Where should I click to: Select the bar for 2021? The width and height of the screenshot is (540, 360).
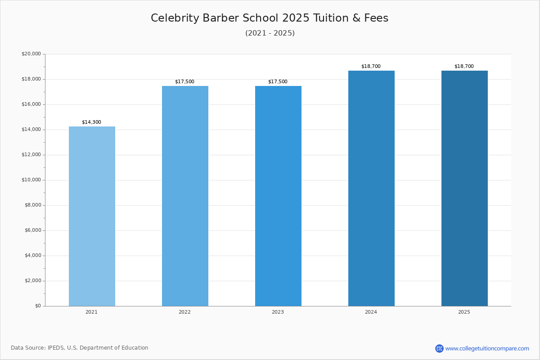click(x=92, y=216)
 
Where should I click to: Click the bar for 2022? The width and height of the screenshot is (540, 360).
click(x=185, y=196)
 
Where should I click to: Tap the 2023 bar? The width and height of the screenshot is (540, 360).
click(x=278, y=196)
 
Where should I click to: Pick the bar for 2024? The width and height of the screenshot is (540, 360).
click(x=372, y=188)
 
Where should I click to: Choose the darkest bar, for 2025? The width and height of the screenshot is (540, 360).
click(x=464, y=188)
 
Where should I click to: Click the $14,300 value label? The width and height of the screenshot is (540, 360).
click(x=92, y=122)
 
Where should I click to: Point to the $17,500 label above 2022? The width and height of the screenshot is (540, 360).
click(x=184, y=81)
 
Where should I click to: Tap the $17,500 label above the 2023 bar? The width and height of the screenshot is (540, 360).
click(x=278, y=81)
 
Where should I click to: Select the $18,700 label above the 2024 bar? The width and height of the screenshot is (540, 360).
click(x=371, y=66)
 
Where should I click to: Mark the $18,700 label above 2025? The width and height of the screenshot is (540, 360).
click(x=464, y=66)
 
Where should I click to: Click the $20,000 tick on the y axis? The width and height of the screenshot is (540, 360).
click(x=31, y=54)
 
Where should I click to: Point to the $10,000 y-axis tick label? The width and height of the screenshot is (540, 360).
click(x=31, y=180)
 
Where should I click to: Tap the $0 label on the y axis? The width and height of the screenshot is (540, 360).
click(x=38, y=306)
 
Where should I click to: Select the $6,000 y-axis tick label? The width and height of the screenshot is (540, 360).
click(x=33, y=230)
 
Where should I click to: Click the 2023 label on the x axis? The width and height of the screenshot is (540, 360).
click(x=278, y=312)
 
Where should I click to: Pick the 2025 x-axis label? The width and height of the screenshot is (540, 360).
click(x=464, y=312)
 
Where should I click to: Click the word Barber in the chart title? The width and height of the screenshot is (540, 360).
click(x=221, y=18)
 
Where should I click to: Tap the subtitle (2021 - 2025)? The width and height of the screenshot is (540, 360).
click(x=270, y=33)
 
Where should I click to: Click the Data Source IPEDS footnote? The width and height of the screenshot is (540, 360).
click(x=80, y=348)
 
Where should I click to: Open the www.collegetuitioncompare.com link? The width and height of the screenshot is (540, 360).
click(x=487, y=348)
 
